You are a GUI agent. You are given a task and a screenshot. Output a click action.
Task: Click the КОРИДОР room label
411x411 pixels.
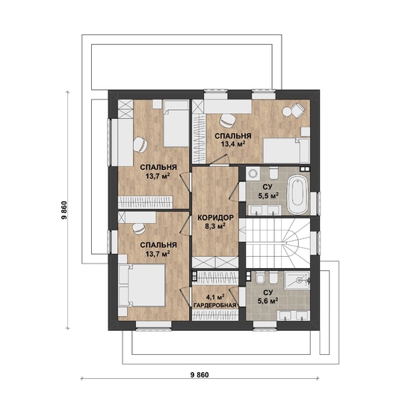215,218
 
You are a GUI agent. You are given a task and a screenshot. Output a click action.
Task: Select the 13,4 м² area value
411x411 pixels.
233,144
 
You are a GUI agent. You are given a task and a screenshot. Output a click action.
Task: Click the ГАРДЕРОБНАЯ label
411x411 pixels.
214,305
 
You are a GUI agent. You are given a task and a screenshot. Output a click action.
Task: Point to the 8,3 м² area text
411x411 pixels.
215,226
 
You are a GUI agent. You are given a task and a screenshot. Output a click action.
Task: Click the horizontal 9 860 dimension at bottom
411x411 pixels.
200,375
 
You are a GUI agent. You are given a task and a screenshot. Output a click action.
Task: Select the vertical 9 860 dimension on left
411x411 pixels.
64,210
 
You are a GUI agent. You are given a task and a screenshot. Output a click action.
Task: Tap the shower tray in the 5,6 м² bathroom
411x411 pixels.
297,281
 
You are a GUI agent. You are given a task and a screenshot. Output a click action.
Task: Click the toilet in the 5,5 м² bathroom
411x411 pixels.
274,172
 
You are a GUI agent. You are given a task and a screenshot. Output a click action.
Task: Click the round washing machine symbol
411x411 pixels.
253,174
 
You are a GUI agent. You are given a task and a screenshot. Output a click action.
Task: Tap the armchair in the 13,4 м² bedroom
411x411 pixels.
298,111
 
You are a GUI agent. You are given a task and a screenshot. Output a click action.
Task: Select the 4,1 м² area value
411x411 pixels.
215,297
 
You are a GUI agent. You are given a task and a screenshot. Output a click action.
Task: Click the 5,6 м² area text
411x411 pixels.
268,301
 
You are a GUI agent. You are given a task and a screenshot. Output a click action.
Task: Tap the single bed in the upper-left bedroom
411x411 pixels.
176,124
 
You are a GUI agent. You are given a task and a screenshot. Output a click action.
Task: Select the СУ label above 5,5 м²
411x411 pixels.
268,186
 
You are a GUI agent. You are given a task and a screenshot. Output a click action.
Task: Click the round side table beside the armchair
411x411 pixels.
287,112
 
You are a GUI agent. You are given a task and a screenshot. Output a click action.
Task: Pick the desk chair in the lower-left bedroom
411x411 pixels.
138,228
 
